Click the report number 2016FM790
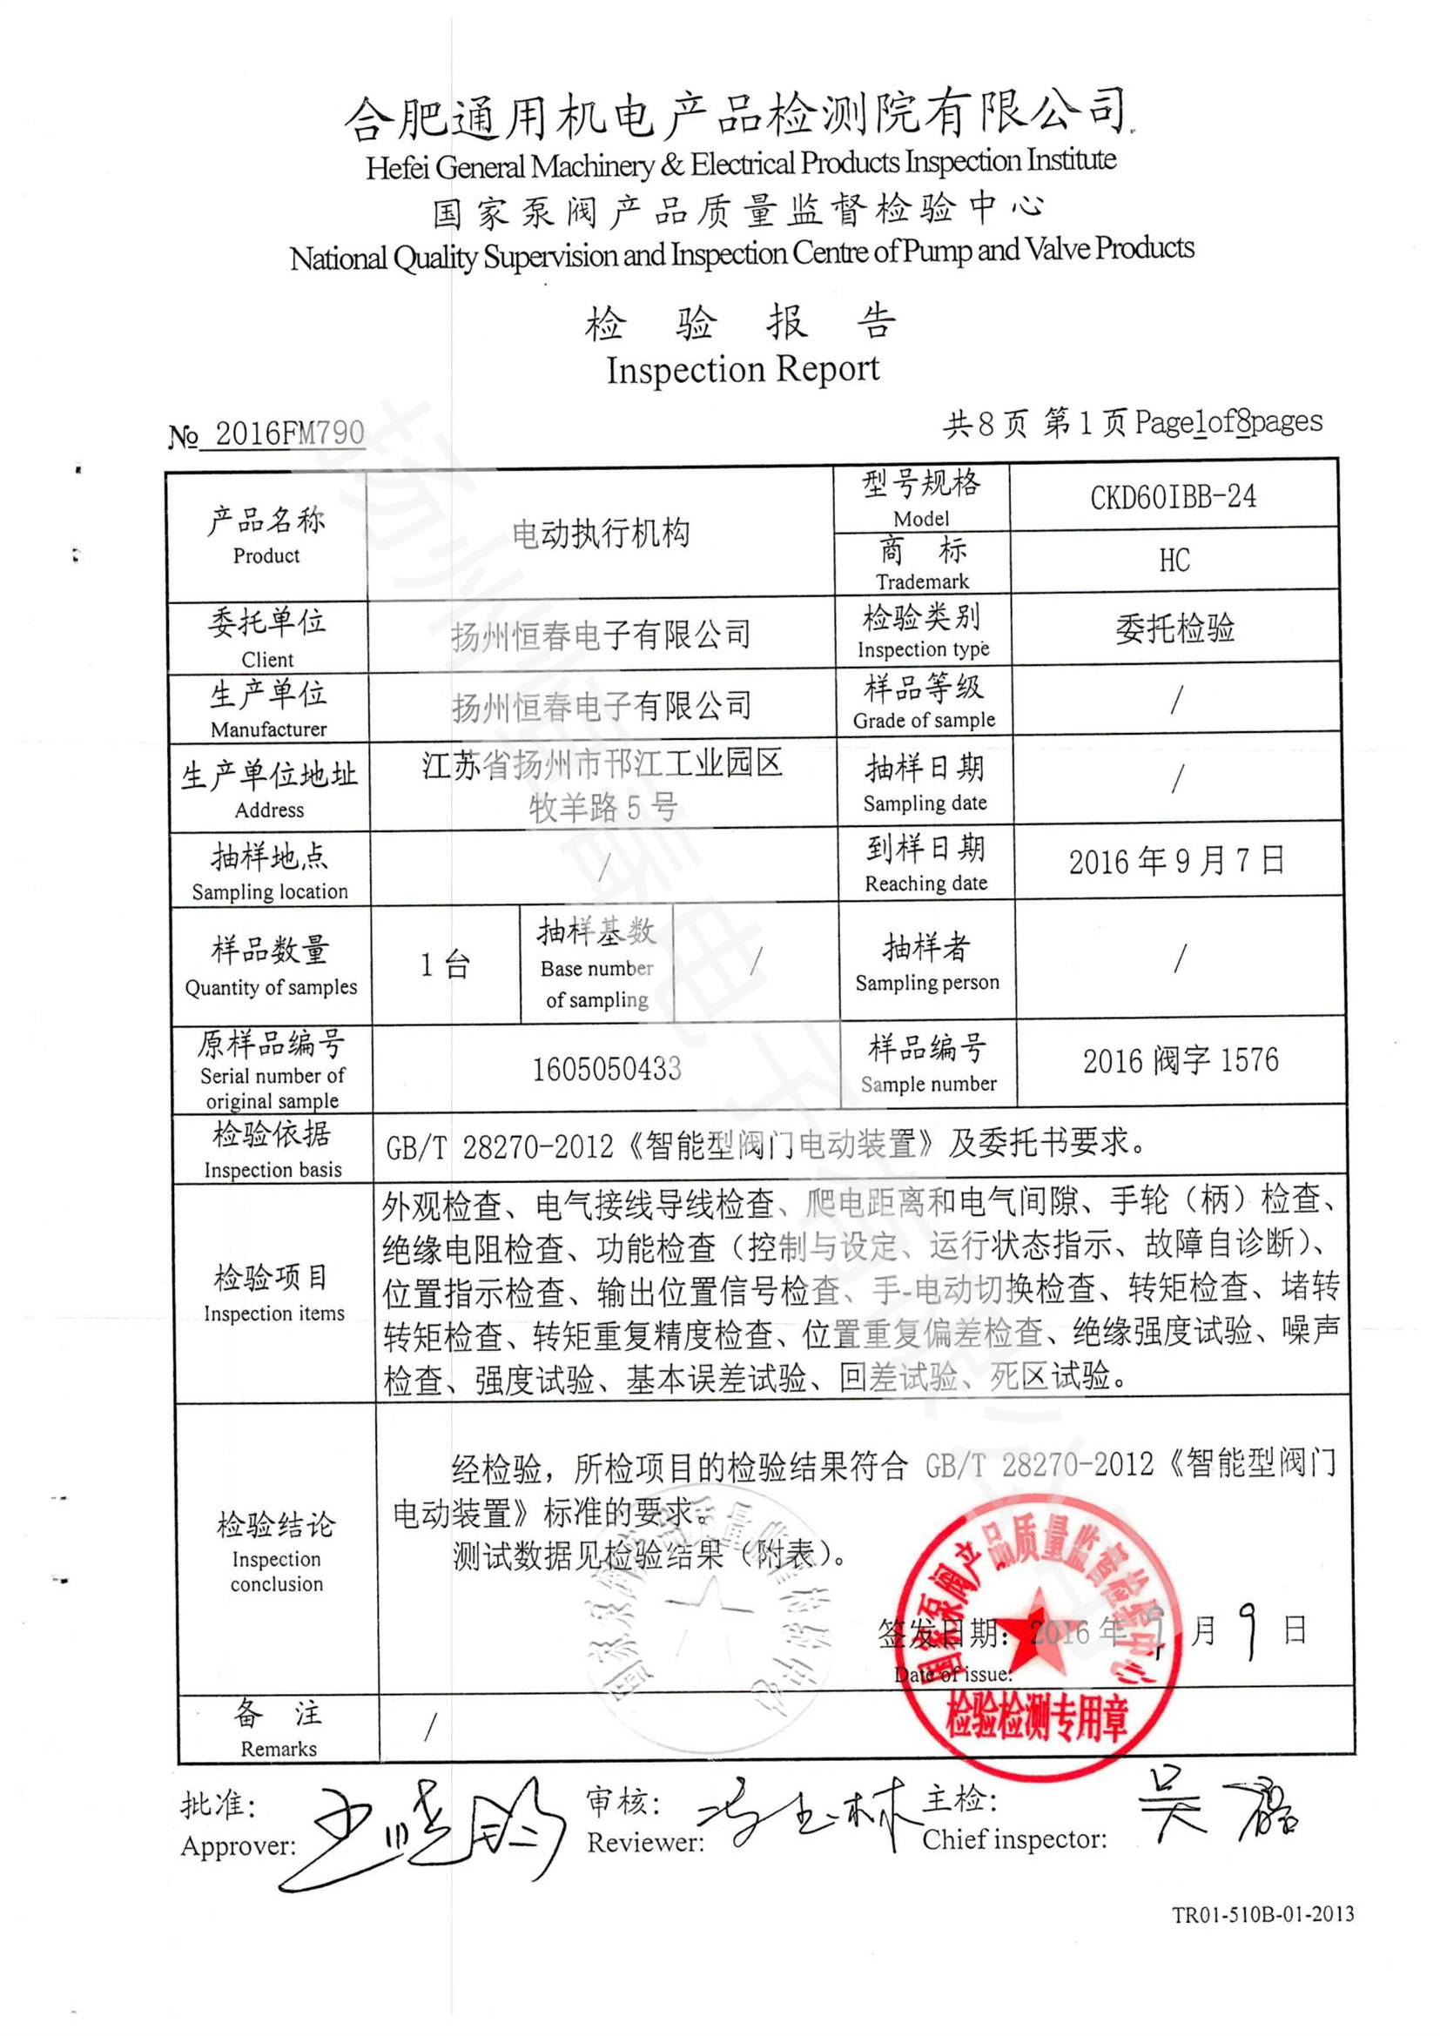(289, 433)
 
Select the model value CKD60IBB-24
(1172, 496)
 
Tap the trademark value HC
(1174, 561)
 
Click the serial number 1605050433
(607, 1069)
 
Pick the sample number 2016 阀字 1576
(1180, 1060)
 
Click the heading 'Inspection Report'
(742, 369)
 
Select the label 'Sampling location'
(270, 892)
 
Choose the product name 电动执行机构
(601, 533)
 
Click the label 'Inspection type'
(922, 649)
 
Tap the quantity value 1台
(445, 964)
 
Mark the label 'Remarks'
(279, 1749)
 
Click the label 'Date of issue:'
(952, 1675)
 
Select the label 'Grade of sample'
(923, 720)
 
